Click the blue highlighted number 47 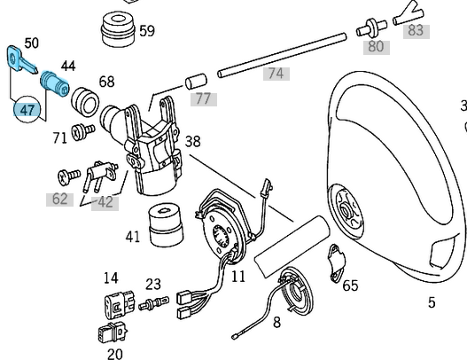point(27,110)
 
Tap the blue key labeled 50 point(19,61)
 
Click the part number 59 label point(146,31)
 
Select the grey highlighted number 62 point(59,199)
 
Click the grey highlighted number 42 point(105,202)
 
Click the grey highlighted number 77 point(203,98)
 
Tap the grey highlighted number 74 point(276,74)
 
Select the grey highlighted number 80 point(376,46)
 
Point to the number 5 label point(432,303)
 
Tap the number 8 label point(276,323)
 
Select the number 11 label point(238,277)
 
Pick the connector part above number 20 point(110,336)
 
